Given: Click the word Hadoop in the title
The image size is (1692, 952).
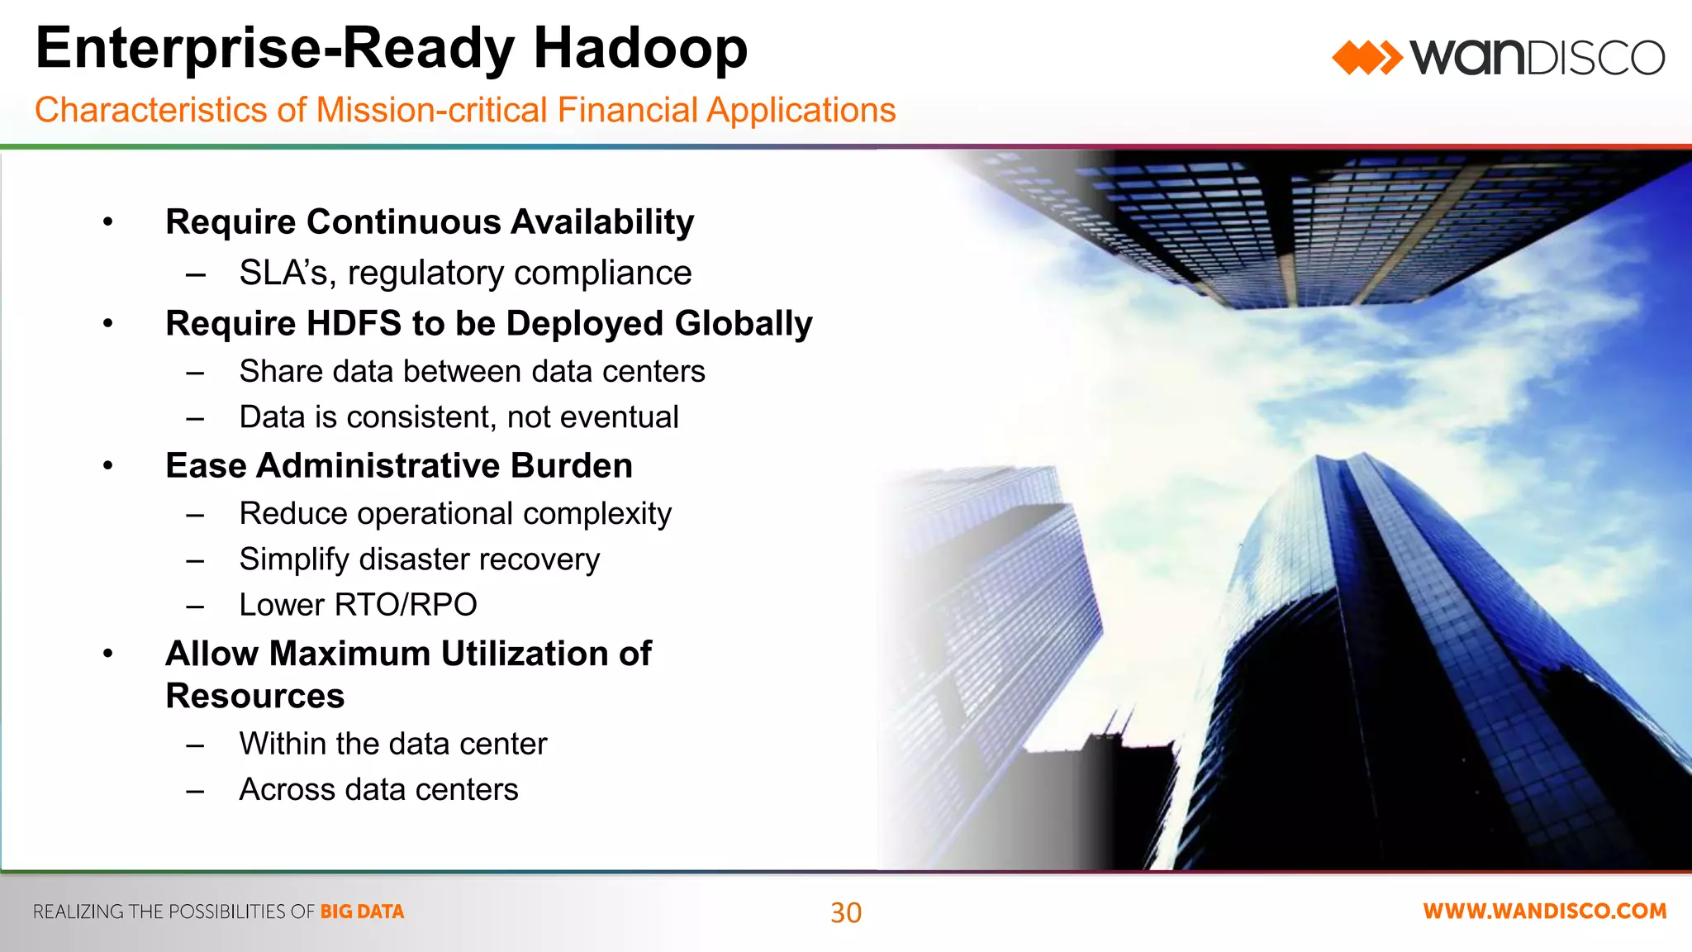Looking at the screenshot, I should coord(640,48).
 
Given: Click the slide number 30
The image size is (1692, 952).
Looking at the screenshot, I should coord(846,912).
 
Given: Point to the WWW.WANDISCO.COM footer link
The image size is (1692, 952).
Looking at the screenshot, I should coord(1544,912).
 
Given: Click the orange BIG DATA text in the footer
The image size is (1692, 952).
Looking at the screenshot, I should coord(362,912).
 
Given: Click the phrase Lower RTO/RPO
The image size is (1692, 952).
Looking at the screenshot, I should coord(358,605).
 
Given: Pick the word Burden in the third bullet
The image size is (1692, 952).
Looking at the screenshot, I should coord(571,466).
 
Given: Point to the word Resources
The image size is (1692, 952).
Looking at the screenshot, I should coord(254,696).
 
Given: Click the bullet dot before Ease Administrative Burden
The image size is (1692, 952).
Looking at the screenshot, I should coord(108,466).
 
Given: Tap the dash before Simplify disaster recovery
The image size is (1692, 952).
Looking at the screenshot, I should coord(195,561).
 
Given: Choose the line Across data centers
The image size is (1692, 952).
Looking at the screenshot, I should coord(378,790).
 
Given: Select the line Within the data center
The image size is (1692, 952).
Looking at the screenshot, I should coord(392,745).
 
